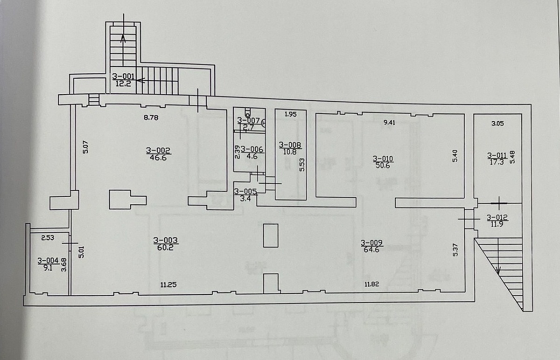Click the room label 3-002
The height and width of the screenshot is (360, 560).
tap(158, 151)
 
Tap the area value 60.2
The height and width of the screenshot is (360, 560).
tap(166, 248)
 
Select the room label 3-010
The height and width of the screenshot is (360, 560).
tap(383, 159)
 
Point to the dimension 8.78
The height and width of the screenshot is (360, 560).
tap(151, 118)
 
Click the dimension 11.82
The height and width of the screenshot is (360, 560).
tap(372, 284)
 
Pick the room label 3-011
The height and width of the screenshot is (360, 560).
tap(497, 156)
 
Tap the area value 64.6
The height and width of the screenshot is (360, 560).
tap(372, 249)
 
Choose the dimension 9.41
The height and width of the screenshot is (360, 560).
tap(390, 123)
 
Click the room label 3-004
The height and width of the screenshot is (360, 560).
tap(48, 261)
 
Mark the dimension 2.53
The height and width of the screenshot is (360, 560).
tap(48, 237)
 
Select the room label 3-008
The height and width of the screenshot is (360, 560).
tap(290, 145)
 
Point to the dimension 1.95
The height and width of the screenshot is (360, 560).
tap(290, 114)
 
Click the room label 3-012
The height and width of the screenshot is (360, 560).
tap(497, 218)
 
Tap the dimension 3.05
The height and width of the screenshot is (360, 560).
tap(498, 124)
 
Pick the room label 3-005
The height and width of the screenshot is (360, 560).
tap(245, 192)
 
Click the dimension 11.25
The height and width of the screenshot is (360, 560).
tap(168, 284)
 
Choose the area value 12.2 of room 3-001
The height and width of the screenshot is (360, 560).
tap(124, 83)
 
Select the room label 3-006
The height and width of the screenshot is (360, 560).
tap(252, 149)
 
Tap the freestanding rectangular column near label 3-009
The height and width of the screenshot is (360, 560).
tap(271, 235)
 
